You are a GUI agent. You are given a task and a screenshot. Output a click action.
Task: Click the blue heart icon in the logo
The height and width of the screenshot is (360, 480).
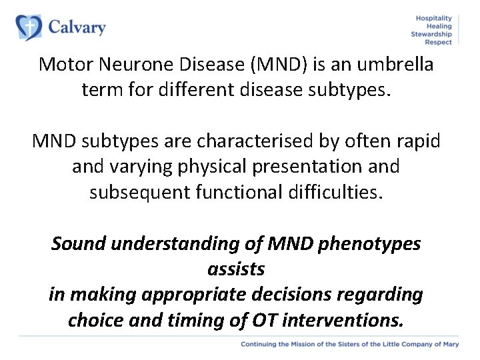coord(29,28)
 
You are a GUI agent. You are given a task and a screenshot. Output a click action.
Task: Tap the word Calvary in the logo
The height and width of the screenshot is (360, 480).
coord(77,27)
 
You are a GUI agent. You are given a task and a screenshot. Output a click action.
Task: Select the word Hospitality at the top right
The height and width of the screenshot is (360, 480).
coord(433,18)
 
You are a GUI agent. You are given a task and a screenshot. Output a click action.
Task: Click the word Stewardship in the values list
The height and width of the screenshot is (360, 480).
coord(431,34)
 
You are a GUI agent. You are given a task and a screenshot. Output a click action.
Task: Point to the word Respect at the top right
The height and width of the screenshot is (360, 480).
coord(439,42)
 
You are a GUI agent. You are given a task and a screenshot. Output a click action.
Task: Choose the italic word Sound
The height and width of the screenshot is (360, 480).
coord(79,244)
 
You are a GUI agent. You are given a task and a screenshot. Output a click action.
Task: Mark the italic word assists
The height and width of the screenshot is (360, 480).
coord(236,269)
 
